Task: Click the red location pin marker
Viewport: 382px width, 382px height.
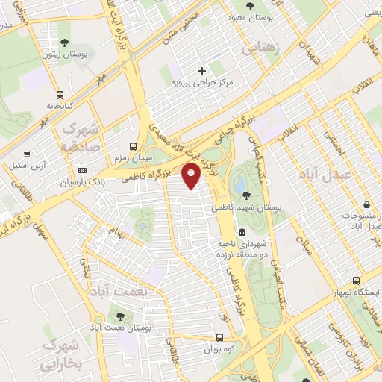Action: pyautogui.click(x=192, y=176)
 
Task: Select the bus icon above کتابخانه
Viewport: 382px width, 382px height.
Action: pyautogui.click(x=60, y=95)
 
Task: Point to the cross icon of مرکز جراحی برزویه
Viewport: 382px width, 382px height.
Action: pyautogui.click(x=201, y=71)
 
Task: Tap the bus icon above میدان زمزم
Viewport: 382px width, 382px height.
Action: pyautogui.click(x=134, y=146)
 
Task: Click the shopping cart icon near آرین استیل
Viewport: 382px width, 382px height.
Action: pyautogui.click(x=16, y=163)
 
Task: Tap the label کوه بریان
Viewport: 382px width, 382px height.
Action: pyautogui.click(x=222, y=349)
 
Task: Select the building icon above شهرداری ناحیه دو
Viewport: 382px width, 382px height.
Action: pyautogui.click(x=239, y=232)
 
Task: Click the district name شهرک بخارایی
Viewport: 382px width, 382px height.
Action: pyautogui.click(x=64, y=355)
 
